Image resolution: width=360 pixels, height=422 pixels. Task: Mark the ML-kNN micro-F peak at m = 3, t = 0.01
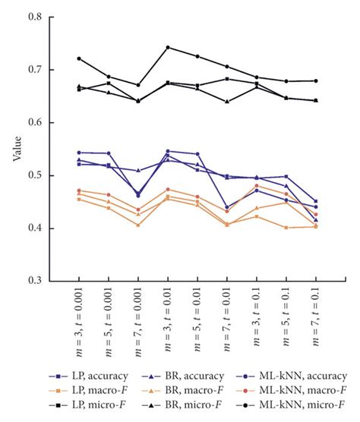coord(168,47)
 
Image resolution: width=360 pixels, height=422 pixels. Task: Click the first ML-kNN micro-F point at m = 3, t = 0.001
coord(79,58)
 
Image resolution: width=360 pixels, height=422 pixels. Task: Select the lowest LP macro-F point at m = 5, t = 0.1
coord(286,228)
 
